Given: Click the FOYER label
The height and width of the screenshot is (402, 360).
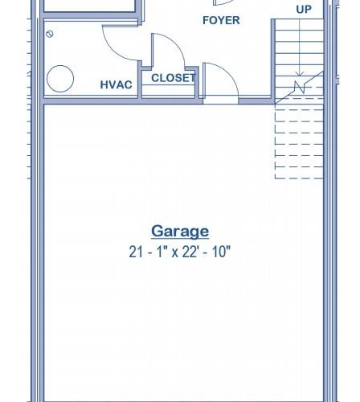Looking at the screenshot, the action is [x=221, y=20].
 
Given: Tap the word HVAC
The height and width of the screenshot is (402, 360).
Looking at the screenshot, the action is [x=116, y=84].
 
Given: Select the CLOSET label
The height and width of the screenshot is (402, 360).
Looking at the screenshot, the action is [x=174, y=78].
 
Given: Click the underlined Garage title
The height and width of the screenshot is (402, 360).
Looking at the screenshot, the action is [x=180, y=232].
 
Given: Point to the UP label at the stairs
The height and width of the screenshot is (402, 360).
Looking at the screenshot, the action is [x=304, y=10].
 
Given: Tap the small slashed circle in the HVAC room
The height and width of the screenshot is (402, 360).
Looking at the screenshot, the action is [x=50, y=34].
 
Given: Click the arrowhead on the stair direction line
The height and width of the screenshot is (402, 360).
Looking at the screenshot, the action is [x=300, y=73].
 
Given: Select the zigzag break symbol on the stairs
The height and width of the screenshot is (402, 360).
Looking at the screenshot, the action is [x=300, y=87].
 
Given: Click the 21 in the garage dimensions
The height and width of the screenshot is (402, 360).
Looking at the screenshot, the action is [x=136, y=252].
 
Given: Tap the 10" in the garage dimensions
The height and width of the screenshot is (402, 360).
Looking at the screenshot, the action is [x=221, y=252].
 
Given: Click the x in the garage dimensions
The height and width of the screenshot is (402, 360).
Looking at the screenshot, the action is [x=174, y=253].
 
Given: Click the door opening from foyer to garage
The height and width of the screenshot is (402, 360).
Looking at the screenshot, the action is [x=221, y=101].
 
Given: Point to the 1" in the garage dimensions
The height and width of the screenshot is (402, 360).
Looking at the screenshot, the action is [x=160, y=252].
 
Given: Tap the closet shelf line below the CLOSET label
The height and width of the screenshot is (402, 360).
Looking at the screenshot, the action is [x=168, y=85].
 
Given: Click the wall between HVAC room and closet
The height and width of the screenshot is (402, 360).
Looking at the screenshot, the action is [x=140, y=80].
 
